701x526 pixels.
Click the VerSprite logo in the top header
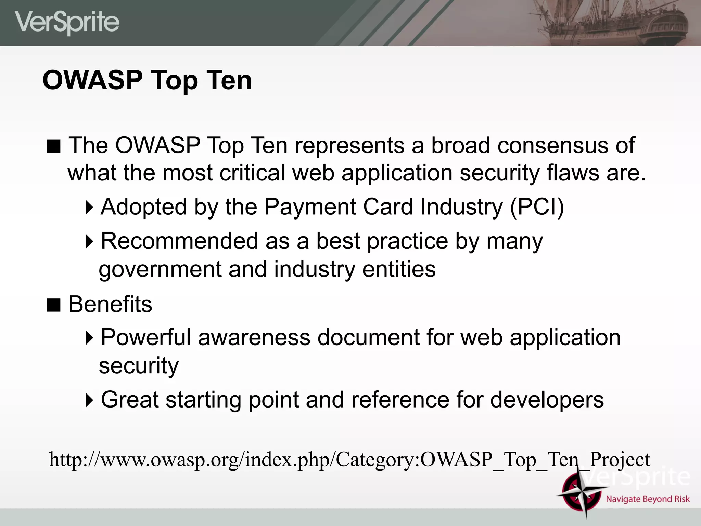(x=67, y=23)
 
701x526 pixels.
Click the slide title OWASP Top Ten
(x=147, y=80)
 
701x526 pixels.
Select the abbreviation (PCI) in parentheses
(x=537, y=207)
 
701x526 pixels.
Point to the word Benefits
(x=110, y=304)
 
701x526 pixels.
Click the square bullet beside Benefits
(x=54, y=305)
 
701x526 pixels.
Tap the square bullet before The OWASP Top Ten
(x=54, y=146)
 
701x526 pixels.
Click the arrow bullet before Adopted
(x=89, y=208)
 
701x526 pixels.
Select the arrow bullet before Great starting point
(x=89, y=400)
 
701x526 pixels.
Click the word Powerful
(x=145, y=337)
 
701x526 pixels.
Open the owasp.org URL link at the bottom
(x=349, y=460)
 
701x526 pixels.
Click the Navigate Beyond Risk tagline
(x=648, y=499)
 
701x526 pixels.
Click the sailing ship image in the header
(x=613, y=23)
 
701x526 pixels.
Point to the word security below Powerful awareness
(x=139, y=366)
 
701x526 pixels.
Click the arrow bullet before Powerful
(x=89, y=338)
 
